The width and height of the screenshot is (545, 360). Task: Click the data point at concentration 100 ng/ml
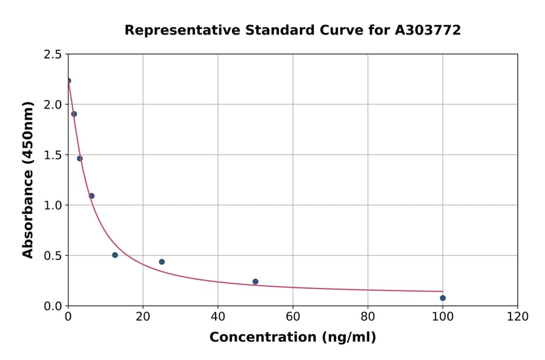pyautogui.click(x=443, y=298)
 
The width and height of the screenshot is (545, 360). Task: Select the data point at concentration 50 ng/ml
pyautogui.click(x=256, y=282)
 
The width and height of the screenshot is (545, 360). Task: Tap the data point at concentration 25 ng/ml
pyautogui.click(x=162, y=262)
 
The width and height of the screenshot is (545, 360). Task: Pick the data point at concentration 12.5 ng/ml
pyautogui.click(x=115, y=255)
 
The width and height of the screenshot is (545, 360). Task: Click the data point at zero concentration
pyautogui.click(x=68, y=81)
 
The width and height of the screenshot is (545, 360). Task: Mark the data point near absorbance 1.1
pyautogui.click(x=91, y=196)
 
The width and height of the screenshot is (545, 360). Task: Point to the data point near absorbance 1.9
pyautogui.click(x=74, y=114)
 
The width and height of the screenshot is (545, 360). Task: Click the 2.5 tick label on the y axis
pyautogui.click(x=53, y=55)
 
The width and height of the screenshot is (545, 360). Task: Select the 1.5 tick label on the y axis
pyautogui.click(x=53, y=155)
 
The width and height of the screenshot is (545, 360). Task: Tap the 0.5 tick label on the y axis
pyautogui.click(x=53, y=256)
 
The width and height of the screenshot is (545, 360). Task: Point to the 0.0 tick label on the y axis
pyautogui.click(x=53, y=306)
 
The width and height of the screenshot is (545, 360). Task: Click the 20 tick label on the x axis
pyautogui.click(x=143, y=316)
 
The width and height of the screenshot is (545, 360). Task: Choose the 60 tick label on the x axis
pyautogui.click(x=292, y=316)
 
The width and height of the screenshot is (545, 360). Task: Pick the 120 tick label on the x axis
pyautogui.click(x=517, y=316)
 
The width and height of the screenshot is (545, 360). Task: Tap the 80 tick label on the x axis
pyautogui.click(x=368, y=316)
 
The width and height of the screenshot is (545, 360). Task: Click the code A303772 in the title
pyautogui.click(x=428, y=30)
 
